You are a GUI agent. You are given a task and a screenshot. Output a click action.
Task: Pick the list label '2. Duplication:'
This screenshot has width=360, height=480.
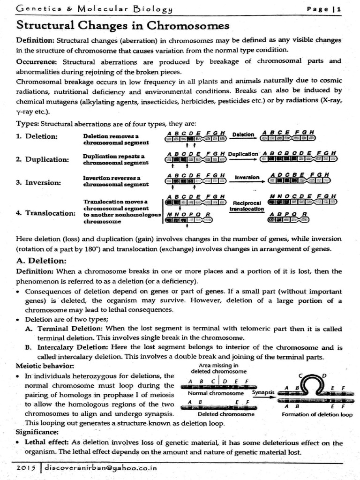(x=42, y=159)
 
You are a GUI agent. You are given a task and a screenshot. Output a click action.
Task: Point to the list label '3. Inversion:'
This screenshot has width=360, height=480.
(x=38, y=182)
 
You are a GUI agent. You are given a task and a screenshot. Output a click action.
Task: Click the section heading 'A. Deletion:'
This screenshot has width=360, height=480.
(x=43, y=260)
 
